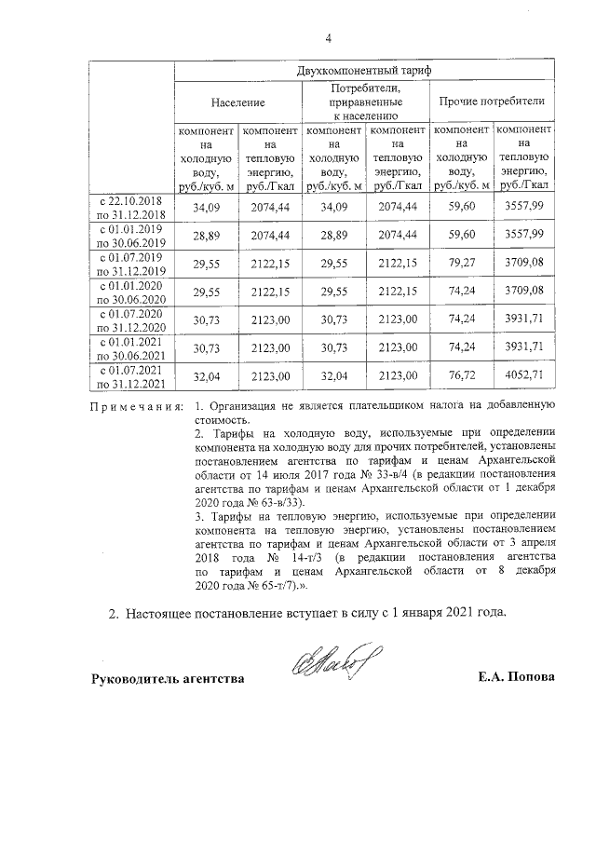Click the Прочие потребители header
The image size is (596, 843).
point(492,101)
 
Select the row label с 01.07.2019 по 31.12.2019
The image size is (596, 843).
point(132,265)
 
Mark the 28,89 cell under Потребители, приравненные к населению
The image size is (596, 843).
point(333,236)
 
